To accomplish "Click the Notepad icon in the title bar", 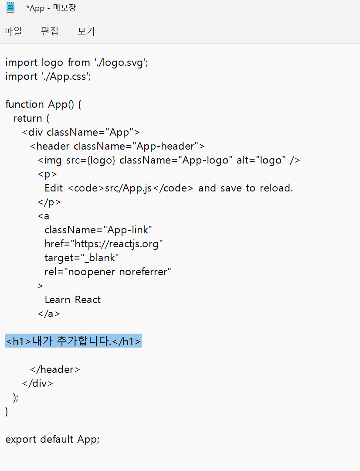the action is pyautogui.click(x=10, y=7).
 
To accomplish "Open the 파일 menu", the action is pyautogui.click(x=13, y=31).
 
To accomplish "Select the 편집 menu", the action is pyautogui.click(x=50, y=31).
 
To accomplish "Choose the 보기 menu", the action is pyautogui.click(x=86, y=31).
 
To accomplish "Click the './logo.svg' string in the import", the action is pyautogui.click(x=120, y=62).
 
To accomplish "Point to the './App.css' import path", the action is pyautogui.click(x=65, y=77).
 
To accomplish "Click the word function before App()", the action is pyautogui.click(x=24, y=104).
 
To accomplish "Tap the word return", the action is pyautogui.click(x=27, y=118).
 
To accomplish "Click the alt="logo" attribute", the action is pyautogui.click(x=261, y=160).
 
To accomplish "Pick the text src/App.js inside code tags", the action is pyautogui.click(x=128, y=188).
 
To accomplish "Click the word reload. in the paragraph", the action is pyautogui.click(x=276, y=188).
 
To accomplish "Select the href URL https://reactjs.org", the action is pyautogui.click(x=116, y=244).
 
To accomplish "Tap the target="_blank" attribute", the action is pyautogui.click(x=82, y=258).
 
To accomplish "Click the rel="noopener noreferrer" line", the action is pyautogui.click(x=108, y=272).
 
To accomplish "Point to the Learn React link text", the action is pyautogui.click(x=73, y=300).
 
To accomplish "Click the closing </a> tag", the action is pyautogui.click(x=49, y=314).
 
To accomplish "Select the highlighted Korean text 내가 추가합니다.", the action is pyautogui.click(x=72, y=341).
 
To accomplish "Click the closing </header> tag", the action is pyautogui.click(x=55, y=369).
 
